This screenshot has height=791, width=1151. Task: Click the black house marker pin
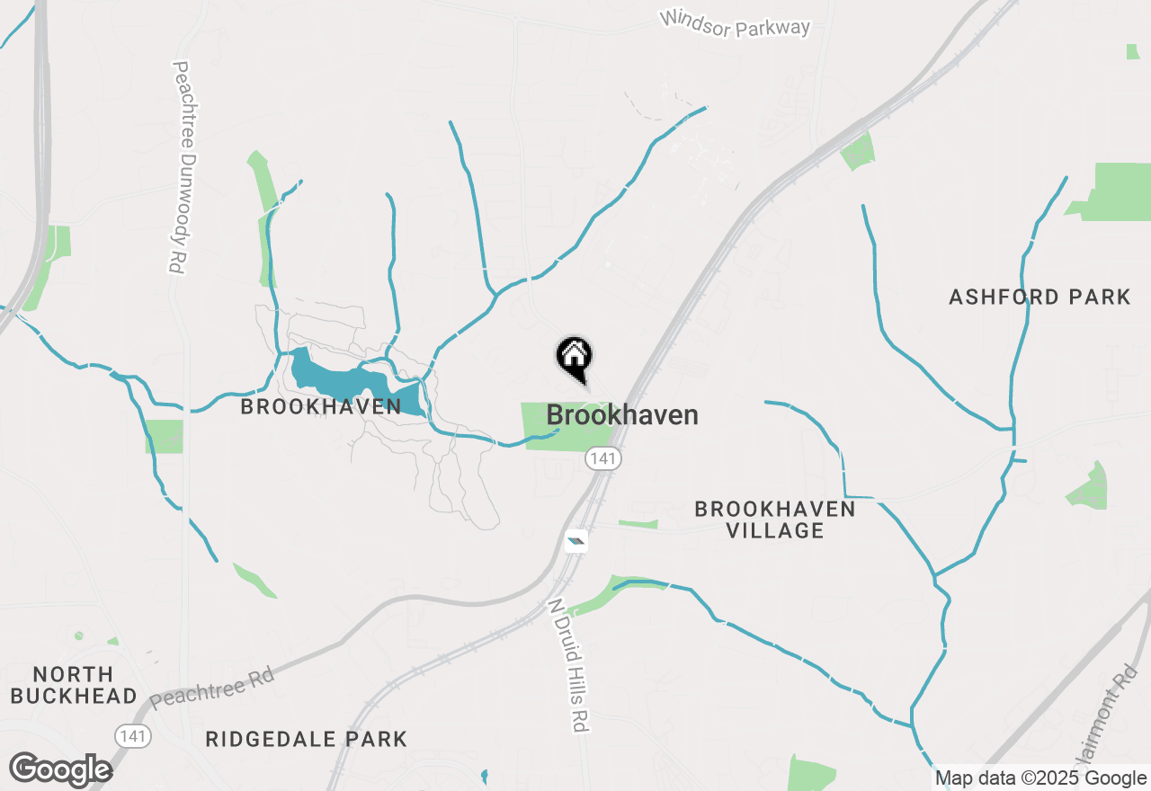(x=575, y=357)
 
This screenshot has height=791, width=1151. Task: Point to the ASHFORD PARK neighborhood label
(x=1039, y=297)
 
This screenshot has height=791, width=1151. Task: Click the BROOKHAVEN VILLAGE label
(x=774, y=520)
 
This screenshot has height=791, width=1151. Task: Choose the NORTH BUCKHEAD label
(x=73, y=685)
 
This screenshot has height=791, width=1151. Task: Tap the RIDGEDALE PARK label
(x=306, y=740)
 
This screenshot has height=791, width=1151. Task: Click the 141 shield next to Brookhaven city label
(x=602, y=458)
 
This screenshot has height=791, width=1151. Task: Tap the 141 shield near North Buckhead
(x=133, y=736)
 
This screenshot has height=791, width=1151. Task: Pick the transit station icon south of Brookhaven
(x=575, y=541)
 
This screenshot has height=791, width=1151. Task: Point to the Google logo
(x=60, y=769)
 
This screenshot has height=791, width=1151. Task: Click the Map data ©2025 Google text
(x=1040, y=778)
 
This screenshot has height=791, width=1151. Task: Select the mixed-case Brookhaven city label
(x=622, y=415)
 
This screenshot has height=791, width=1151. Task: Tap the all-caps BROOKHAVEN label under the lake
(x=320, y=407)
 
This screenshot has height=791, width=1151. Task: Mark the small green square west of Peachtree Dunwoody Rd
(x=165, y=436)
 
